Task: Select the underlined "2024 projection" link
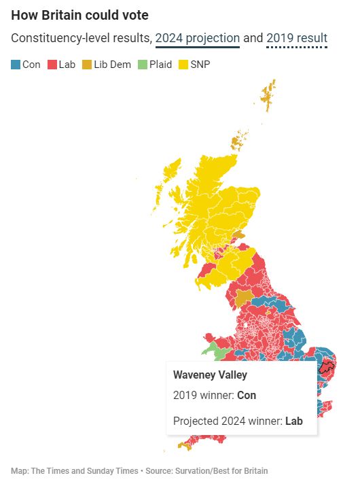tap(197, 38)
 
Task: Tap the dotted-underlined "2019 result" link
tap(297, 38)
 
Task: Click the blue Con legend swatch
tap(16, 65)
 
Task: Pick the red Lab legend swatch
tap(51, 65)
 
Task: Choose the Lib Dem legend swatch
tap(87, 65)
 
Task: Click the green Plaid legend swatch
tap(142, 65)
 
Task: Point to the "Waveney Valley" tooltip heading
tap(210, 375)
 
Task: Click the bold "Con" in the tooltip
tap(247, 395)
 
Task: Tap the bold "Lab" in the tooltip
tap(293, 421)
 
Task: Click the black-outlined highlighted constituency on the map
tap(327, 370)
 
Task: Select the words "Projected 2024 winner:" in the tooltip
tap(228, 421)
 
